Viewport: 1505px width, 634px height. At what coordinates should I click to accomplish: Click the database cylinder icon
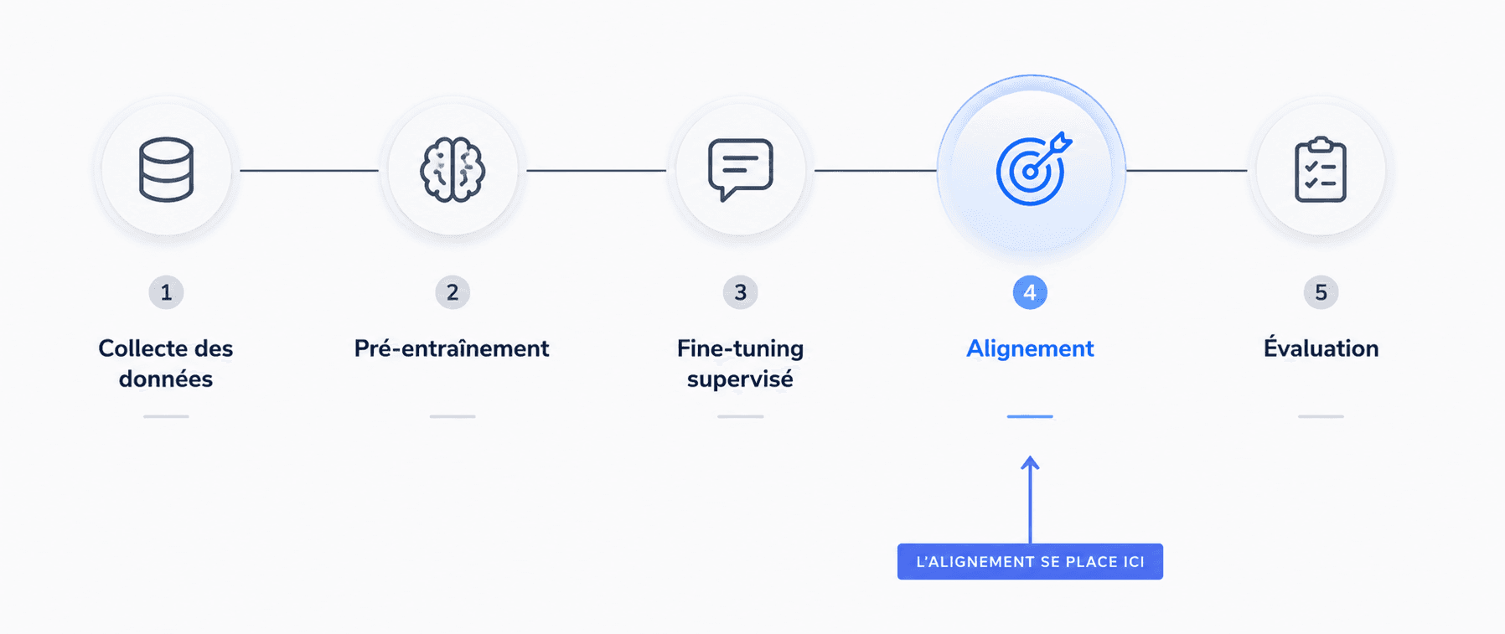point(166,170)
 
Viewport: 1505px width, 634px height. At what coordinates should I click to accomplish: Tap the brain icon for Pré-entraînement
point(453,170)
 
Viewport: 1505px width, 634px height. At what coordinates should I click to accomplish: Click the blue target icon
point(1033,169)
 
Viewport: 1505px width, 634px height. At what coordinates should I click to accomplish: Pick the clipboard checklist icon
point(1321,170)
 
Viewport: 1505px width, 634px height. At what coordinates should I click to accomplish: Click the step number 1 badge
point(166,292)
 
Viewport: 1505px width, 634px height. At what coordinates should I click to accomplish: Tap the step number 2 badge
point(453,292)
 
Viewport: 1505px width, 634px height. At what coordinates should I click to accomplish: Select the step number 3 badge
point(741,292)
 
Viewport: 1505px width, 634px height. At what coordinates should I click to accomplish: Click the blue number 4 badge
point(1030,292)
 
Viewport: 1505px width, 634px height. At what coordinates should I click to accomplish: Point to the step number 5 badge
point(1321,292)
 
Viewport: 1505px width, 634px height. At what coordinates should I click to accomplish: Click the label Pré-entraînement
point(452,348)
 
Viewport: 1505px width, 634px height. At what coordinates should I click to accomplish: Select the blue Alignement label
point(1030,349)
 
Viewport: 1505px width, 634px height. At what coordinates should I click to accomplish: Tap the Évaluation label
point(1321,347)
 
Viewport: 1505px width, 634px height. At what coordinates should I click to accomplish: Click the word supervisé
point(740,379)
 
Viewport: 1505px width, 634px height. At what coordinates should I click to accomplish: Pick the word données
point(166,379)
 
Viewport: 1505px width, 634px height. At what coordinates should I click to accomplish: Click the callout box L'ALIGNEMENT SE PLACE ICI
point(1030,561)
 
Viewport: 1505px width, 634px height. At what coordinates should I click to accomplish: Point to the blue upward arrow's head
point(1030,462)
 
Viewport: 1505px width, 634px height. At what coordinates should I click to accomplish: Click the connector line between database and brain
point(309,171)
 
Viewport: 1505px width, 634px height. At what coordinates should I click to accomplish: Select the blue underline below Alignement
point(1030,416)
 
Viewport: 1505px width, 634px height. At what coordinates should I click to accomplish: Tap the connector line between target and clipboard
point(1187,171)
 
